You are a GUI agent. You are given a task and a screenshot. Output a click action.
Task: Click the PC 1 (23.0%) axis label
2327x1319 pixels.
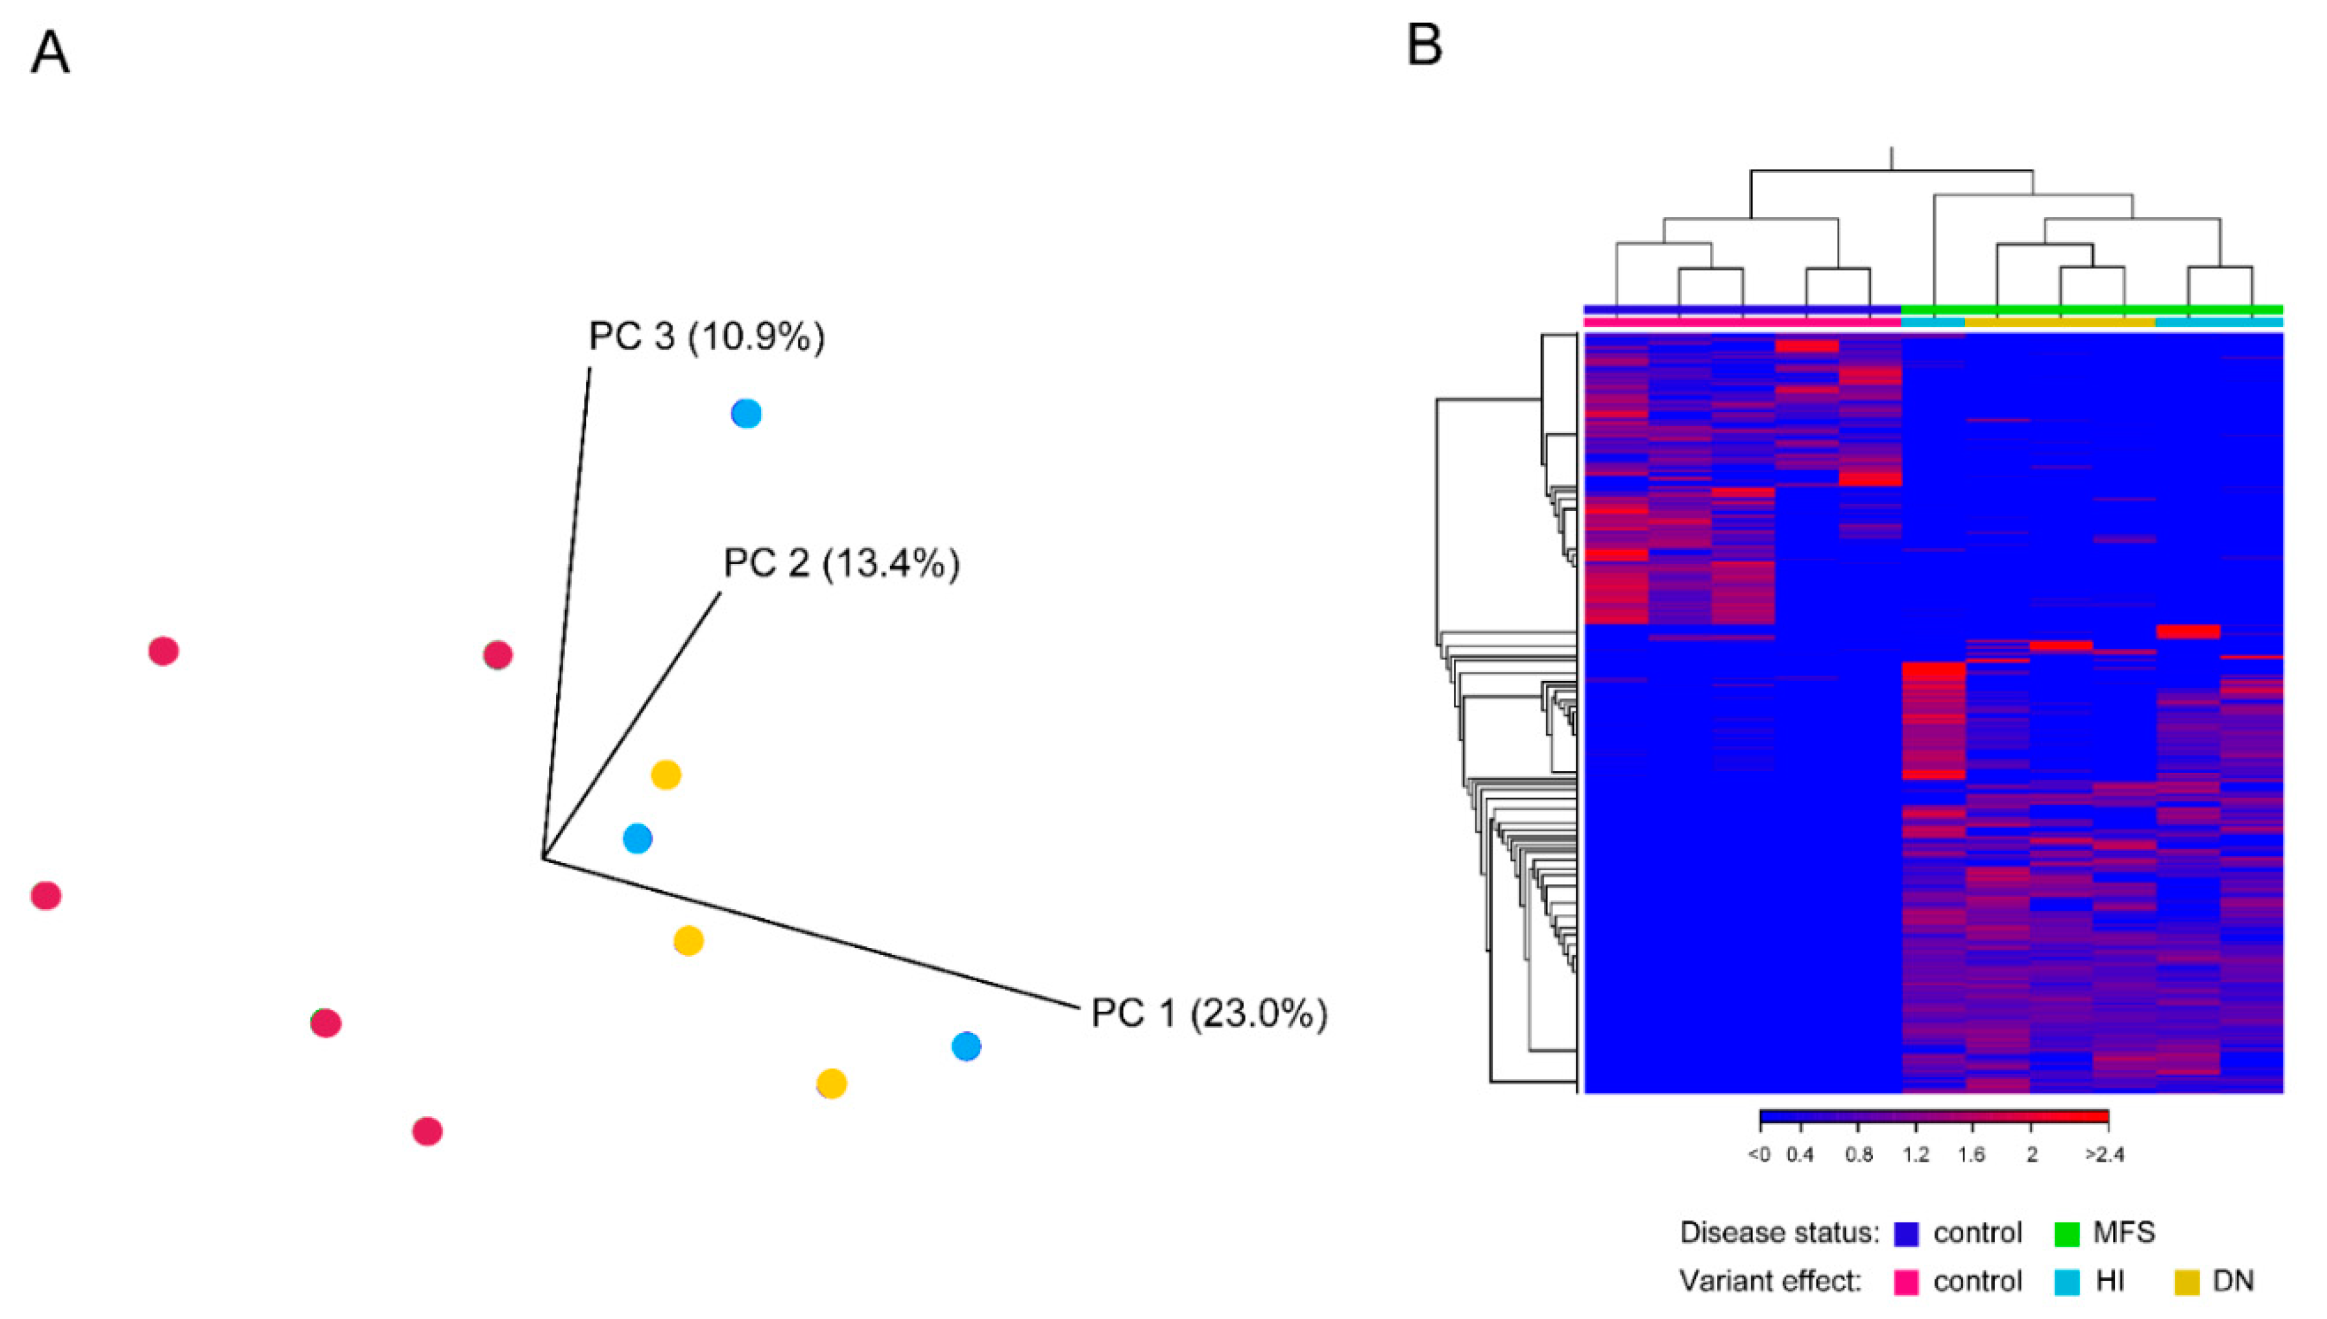(x=1208, y=1014)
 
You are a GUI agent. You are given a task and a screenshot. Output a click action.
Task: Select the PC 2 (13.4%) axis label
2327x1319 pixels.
(x=841, y=564)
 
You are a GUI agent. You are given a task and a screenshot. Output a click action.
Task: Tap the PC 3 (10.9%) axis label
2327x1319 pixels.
(x=707, y=337)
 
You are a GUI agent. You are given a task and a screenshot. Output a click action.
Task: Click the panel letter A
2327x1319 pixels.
(x=50, y=53)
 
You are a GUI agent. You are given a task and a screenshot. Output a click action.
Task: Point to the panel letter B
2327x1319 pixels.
(x=1423, y=44)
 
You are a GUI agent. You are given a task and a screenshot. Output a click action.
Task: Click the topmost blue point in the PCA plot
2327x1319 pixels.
(x=746, y=414)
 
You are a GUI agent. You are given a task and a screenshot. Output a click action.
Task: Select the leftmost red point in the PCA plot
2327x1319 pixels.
(x=45, y=896)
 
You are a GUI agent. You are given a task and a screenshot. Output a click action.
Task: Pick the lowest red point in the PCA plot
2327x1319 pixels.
(x=427, y=1132)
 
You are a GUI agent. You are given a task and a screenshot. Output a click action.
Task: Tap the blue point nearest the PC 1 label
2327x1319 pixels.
(x=966, y=1047)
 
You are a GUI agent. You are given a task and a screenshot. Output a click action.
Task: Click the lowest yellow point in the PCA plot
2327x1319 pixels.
(x=831, y=1084)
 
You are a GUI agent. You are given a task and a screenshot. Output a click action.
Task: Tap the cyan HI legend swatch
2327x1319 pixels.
(x=2067, y=1283)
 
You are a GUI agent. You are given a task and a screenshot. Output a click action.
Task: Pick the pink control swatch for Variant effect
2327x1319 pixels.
(x=1907, y=1283)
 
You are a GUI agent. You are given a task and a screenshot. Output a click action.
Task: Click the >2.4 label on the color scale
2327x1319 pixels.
(x=2104, y=1155)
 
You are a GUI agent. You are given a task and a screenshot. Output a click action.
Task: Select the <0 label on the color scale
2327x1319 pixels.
(x=1758, y=1155)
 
